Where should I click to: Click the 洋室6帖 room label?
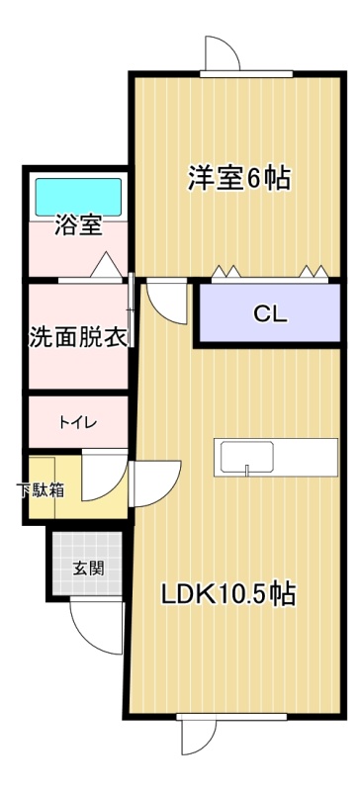pyautogui.click(x=239, y=178)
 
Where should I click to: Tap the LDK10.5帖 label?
pyautogui.click(x=228, y=594)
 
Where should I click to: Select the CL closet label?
pyautogui.click(x=270, y=314)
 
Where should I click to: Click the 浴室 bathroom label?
pyautogui.click(x=79, y=225)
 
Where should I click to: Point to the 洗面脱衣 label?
pyautogui.click(x=78, y=337)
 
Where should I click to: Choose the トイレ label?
pyautogui.click(x=78, y=422)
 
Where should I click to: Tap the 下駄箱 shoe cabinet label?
pyautogui.click(x=41, y=489)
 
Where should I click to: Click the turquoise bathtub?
pyautogui.click(x=78, y=197)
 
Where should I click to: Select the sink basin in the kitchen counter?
pyautogui.click(x=247, y=457)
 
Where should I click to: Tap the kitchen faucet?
pyautogui.click(x=247, y=470)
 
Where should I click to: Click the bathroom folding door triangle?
pyautogui.click(x=106, y=265)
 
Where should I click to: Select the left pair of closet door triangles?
pyautogui.click(x=225, y=271)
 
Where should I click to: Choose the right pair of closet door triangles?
pyautogui.click(x=314, y=271)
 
